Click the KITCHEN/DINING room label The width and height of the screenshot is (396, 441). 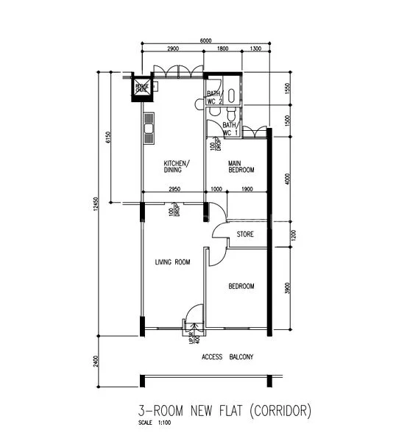(x=177, y=166)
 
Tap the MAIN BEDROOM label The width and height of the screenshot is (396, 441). (x=241, y=166)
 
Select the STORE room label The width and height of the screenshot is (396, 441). (x=245, y=235)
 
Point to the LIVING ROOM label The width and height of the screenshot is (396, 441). (x=173, y=262)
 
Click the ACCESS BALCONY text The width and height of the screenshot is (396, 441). (x=227, y=357)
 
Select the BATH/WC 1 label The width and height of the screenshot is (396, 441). (x=230, y=129)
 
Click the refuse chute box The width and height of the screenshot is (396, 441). (x=141, y=88)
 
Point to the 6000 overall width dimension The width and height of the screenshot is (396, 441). (x=205, y=40)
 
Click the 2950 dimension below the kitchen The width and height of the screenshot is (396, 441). (x=174, y=190)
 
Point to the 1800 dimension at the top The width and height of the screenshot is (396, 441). (x=221, y=49)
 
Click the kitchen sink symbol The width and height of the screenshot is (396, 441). (x=148, y=130)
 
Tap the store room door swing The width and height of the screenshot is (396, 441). (x=219, y=229)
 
